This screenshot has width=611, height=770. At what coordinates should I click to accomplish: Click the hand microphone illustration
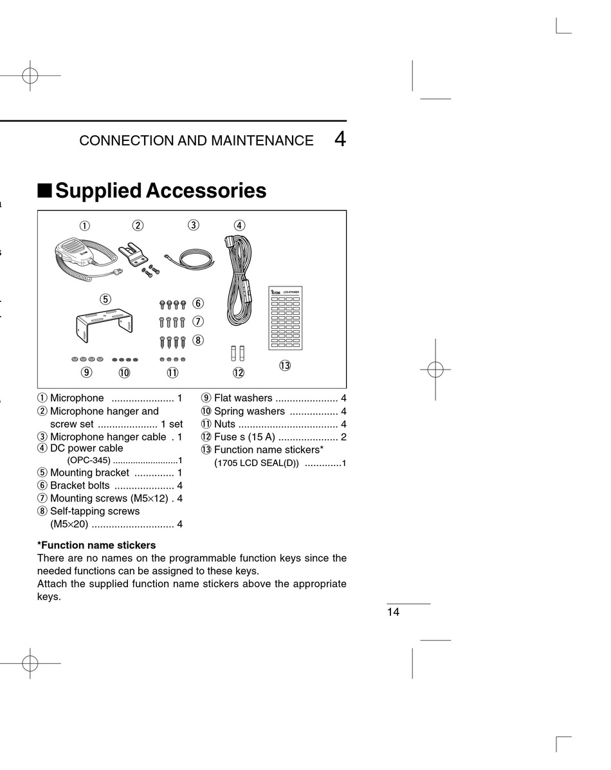click(75, 252)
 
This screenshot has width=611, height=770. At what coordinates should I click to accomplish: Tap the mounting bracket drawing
click(104, 325)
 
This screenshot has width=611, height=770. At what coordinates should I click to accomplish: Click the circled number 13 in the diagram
click(285, 366)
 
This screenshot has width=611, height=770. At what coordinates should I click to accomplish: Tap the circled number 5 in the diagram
click(105, 299)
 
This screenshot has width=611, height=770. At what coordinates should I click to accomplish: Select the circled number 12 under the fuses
click(239, 373)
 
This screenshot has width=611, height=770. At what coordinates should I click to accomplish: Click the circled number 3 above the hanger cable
click(194, 225)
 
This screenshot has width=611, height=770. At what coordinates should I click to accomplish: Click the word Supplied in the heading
click(98, 191)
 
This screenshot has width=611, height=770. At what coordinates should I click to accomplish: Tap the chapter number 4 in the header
click(340, 139)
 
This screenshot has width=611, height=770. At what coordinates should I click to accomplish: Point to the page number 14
click(393, 612)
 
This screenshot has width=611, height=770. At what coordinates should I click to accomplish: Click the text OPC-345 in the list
click(89, 460)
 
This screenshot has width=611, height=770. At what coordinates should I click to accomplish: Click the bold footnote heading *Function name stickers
click(96, 545)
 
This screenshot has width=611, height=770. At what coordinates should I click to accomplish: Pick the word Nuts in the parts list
click(224, 424)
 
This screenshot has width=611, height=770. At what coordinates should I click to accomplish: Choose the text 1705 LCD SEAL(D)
click(257, 463)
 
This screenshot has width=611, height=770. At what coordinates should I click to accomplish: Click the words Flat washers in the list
click(243, 398)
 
